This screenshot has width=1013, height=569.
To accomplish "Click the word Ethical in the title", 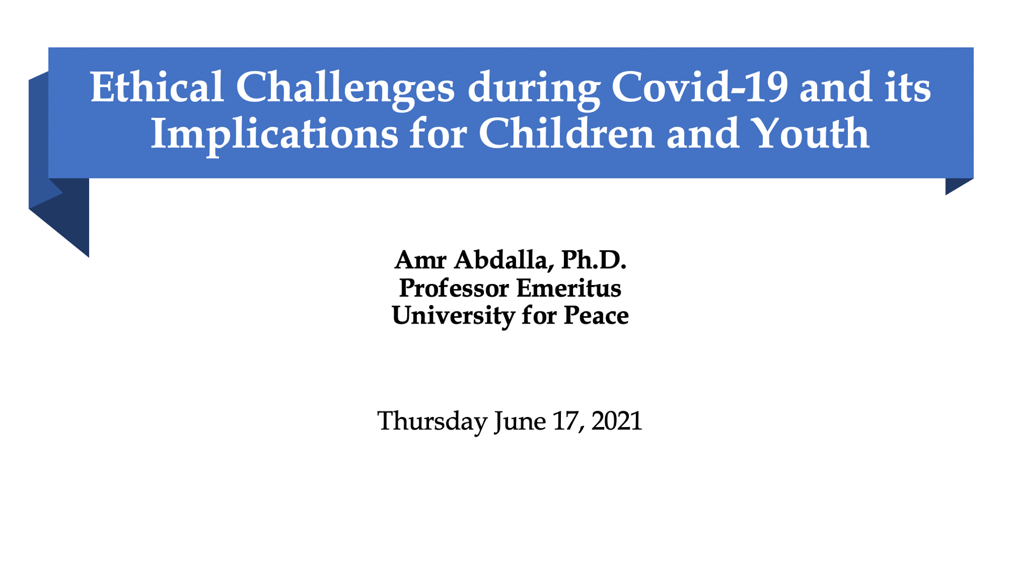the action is coord(157,87).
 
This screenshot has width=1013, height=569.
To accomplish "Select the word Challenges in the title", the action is coord(345,90).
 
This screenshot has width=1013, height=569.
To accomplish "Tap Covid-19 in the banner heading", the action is coord(699,87).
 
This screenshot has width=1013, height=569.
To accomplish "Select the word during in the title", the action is coord(533,90).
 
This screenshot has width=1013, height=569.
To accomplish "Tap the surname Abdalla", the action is coord(503,260).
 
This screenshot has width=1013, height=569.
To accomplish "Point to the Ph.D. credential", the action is coord(594,260).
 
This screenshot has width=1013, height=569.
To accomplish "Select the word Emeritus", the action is coord(569,288).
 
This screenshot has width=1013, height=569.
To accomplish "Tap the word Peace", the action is coord(596,316).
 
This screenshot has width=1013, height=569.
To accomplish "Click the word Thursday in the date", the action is coord(432,422).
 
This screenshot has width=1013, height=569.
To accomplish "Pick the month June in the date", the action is coord(520,422).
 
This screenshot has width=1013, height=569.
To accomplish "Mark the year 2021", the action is coord(616,421).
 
